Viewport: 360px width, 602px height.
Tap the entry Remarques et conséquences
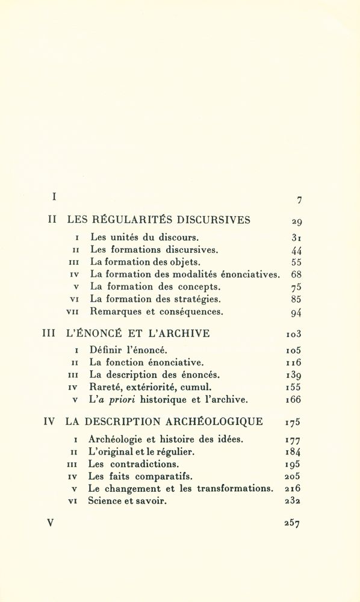pyautogui.click(x=157, y=312)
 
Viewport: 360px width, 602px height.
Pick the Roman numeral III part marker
pyautogui.click(x=49, y=332)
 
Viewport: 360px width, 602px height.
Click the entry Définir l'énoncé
pyautogui.click(x=129, y=350)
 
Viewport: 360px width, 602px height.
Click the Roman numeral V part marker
pyautogui.click(x=51, y=522)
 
